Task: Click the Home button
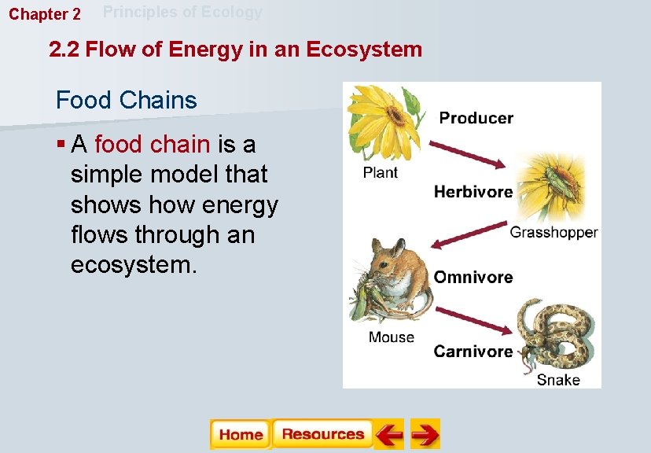(241, 434)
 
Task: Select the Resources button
(322, 434)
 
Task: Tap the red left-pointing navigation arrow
(389, 434)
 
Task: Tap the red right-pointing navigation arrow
(425, 434)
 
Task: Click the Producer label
(476, 118)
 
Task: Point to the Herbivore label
(473, 192)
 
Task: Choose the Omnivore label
(473, 277)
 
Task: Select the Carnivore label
(473, 352)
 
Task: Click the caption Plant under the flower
(381, 172)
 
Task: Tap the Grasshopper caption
(554, 232)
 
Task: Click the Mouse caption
(391, 337)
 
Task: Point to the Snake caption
(558, 380)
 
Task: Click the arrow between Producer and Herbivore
(472, 153)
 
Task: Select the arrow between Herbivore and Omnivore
(470, 237)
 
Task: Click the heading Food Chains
(126, 101)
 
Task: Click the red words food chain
(152, 145)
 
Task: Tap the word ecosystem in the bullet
(131, 264)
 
